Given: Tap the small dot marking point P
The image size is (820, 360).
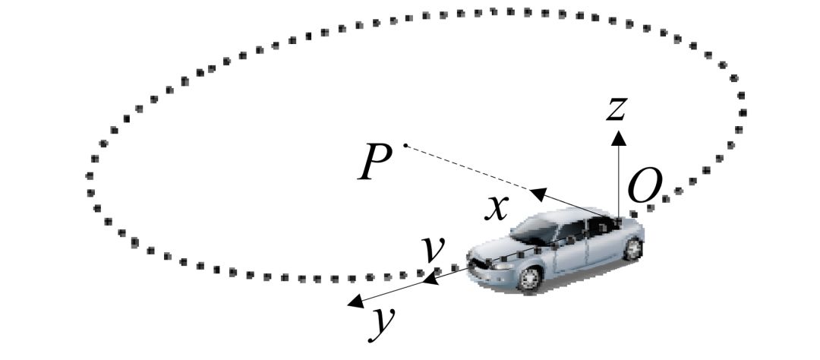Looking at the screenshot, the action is tap(406, 144).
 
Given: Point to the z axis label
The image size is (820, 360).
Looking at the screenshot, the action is tap(616, 109).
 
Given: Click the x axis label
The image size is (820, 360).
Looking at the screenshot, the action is tap(497, 206).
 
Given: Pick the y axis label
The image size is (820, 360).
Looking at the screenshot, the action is tap(383, 322).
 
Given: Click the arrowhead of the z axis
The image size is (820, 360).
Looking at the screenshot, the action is tap(619, 137).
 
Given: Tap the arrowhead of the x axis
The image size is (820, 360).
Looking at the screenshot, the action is tap(537, 194).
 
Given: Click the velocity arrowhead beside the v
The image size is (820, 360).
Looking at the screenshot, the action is tap(430, 280).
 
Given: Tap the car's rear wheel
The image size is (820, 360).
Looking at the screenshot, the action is tap(632, 248).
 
